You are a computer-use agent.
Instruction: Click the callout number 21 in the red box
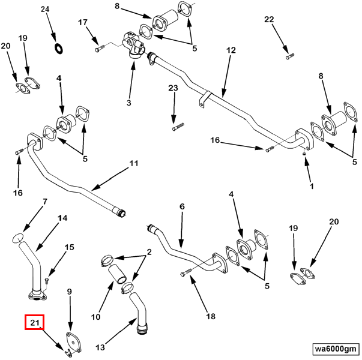(34, 323)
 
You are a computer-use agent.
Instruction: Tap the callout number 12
(231, 52)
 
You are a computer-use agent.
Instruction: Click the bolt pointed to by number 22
(291, 56)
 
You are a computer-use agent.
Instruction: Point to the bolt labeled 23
(178, 127)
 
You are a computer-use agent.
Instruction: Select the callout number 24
(46, 9)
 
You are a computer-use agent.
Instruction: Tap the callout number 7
(45, 202)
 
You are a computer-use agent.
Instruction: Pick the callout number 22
(269, 19)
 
